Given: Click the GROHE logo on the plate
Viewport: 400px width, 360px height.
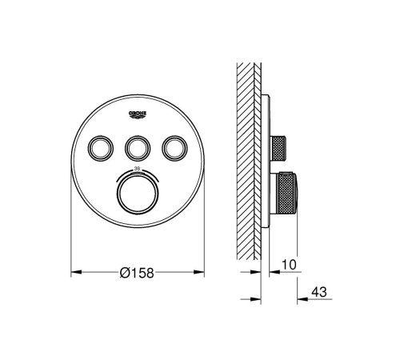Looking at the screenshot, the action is point(138,114).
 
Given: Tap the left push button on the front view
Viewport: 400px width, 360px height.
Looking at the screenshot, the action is point(101,149).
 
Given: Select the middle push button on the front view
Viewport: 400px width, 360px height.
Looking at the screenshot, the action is point(138,149).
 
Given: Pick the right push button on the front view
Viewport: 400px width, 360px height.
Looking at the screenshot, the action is point(174,149).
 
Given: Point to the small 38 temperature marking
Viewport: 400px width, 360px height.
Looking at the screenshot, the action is point(137,169).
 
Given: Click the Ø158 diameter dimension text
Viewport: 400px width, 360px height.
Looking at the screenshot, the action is point(137,273).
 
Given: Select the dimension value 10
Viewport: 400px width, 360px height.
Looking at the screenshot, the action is point(289,265).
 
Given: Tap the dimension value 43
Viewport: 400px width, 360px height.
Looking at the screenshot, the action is point(319,292).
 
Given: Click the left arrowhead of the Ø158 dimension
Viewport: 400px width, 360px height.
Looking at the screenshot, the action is point(76,272).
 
